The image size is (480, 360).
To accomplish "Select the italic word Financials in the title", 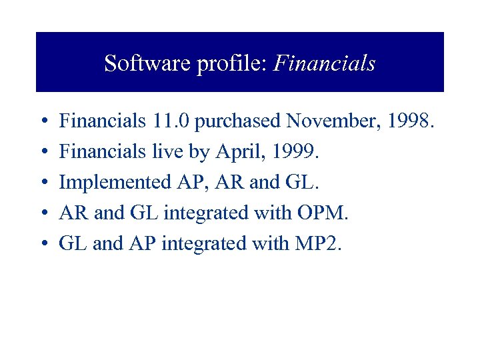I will (325, 64).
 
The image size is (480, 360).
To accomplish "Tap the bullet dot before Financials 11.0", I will (42, 122).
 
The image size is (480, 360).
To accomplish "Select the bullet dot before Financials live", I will (42, 153).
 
